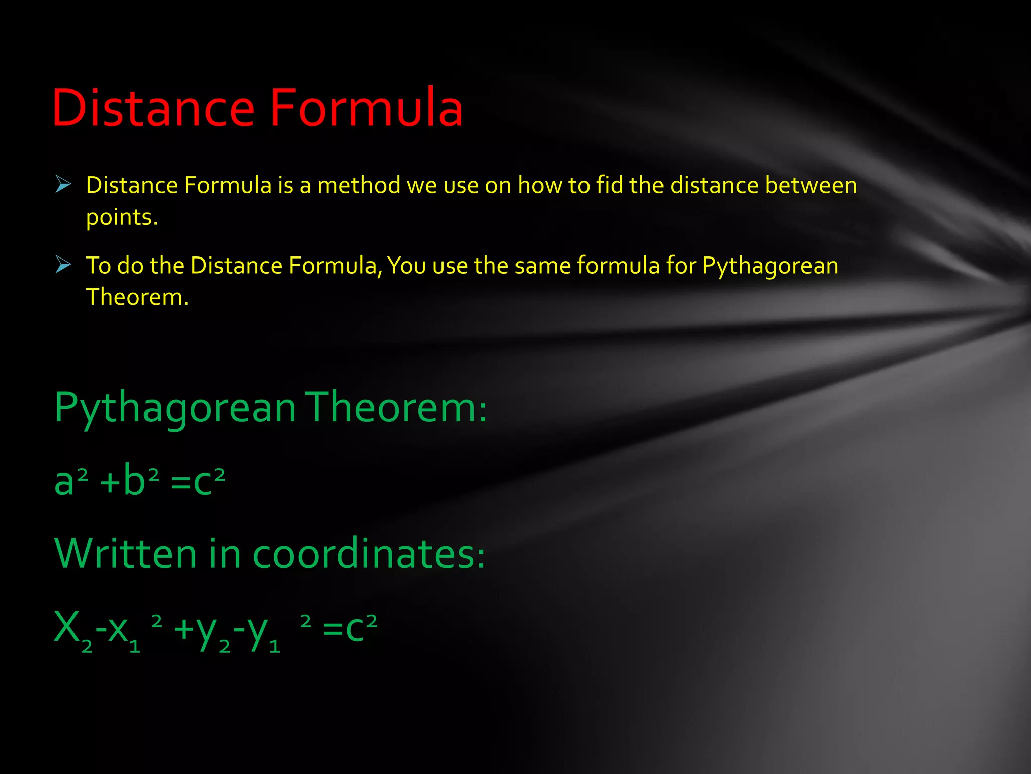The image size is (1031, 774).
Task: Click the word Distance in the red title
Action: pyautogui.click(x=154, y=108)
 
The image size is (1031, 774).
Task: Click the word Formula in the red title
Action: pyautogui.click(x=366, y=108)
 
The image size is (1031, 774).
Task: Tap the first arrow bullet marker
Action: pyautogui.click(x=63, y=184)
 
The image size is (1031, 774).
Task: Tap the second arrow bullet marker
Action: pyautogui.click(x=63, y=264)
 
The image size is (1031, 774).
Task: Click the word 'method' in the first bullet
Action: pyautogui.click(x=358, y=185)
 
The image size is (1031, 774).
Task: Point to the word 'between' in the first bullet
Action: pyautogui.click(x=811, y=185)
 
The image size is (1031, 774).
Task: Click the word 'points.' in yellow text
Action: pyautogui.click(x=122, y=218)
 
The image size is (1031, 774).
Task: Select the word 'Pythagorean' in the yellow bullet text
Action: pyautogui.click(x=770, y=266)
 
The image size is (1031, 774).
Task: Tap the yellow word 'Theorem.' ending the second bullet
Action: pyautogui.click(x=137, y=297)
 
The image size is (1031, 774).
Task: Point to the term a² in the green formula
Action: pyautogui.click(x=71, y=481)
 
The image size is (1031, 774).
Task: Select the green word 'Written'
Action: pyautogui.click(x=125, y=553)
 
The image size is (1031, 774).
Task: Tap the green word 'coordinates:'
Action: pyautogui.click(x=369, y=553)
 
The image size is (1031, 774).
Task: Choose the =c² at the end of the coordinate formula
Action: pyautogui.click(x=349, y=628)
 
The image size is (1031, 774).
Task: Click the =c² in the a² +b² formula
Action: pyautogui.click(x=198, y=481)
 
